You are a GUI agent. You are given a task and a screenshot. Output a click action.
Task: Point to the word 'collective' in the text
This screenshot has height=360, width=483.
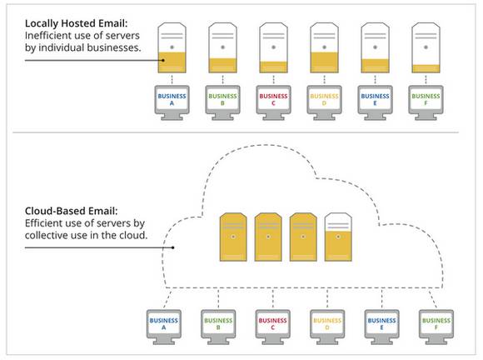[x=52, y=236]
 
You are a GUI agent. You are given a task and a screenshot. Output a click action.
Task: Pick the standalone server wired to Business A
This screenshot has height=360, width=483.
[x=172, y=48]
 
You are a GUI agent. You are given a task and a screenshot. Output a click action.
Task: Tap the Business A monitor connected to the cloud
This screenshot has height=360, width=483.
[x=163, y=323]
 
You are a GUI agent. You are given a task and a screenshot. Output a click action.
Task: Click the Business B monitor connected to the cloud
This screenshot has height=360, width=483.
[x=218, y=323]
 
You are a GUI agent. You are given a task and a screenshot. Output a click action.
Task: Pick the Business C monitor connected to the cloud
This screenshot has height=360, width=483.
[x=272, y=323]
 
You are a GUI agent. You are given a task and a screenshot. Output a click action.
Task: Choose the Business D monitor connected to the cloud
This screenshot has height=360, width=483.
[x=326, y=323]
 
